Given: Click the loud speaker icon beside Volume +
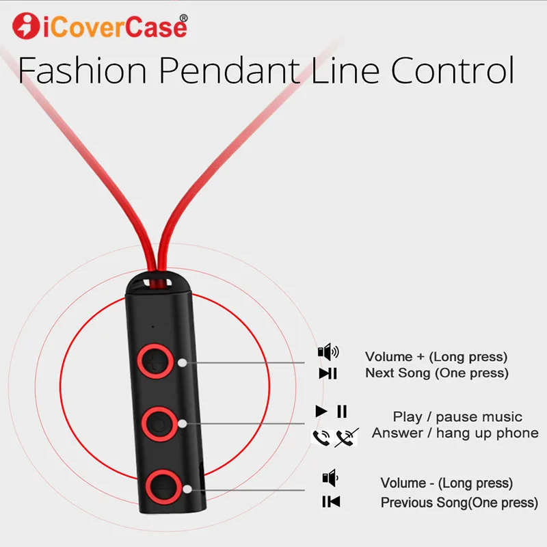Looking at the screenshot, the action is click(x=328, y=353).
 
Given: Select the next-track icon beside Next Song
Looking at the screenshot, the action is click(x=328, y=373).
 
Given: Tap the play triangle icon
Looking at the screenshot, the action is click(x=321, y=412).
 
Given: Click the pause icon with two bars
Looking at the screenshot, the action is click(x=342, y=412).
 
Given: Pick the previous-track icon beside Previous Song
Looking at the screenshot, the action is click(x=331, y=502).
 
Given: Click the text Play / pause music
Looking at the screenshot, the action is click(x=457, y=416).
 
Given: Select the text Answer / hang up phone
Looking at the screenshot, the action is click(x=455, y=433).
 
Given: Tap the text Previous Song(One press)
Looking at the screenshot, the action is click(x=459, y=503).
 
